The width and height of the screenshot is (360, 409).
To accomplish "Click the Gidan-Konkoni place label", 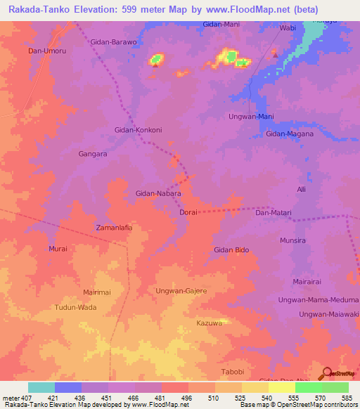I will (x=138, y=130).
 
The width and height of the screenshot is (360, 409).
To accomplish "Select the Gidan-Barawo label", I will (x=114, y=42).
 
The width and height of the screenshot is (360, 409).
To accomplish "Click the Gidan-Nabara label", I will (x=158, y=193).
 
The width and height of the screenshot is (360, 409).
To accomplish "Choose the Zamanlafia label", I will (x=114, y=228).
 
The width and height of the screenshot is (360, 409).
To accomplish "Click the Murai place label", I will (x=58, y=249).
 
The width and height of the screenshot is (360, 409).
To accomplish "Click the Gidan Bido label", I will (x=231, y=249).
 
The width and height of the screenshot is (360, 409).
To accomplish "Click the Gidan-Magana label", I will (x=289, y=134).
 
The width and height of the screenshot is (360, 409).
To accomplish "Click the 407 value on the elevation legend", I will (x=20, y=398).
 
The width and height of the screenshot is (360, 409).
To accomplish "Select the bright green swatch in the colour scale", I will (x=308, y=387).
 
